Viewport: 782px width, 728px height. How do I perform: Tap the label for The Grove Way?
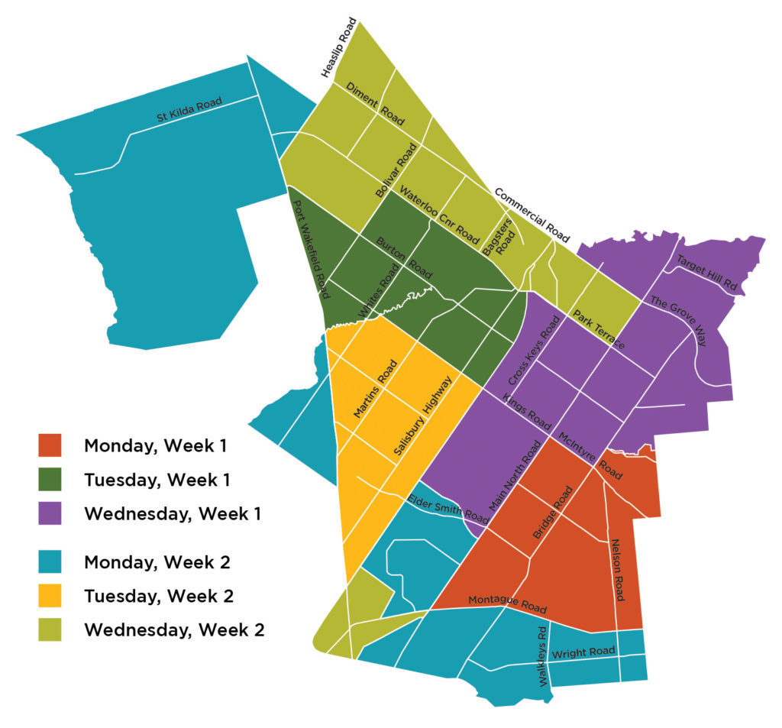click(678, 320)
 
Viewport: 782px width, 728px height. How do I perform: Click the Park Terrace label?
click(599, 330)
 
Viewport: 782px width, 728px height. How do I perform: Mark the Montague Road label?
click(507, 604)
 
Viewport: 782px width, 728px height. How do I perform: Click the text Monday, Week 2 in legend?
click(157, 562)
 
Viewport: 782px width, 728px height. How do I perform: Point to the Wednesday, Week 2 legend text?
click(174, 630)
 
